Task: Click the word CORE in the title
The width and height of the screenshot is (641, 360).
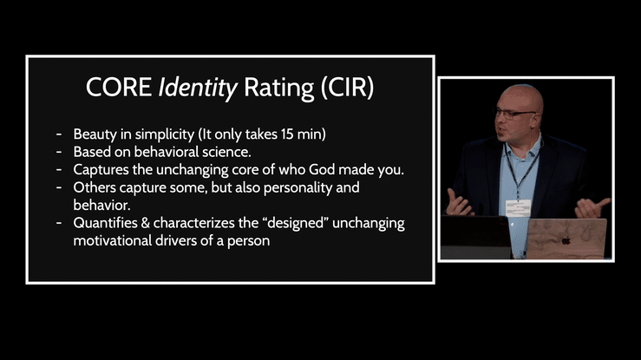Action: point(119,87)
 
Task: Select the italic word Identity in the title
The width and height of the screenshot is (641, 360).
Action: point(198,88)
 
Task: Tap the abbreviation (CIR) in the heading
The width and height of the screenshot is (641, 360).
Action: point(347,88)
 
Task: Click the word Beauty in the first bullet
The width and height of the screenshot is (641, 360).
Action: point(95,134)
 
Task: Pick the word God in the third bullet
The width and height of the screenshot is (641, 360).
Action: point(322,169)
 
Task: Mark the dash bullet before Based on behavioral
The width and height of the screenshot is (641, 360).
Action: point(59,152)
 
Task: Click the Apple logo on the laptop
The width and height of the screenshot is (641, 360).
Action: point(566,240)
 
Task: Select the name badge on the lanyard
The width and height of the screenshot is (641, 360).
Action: point(518,208)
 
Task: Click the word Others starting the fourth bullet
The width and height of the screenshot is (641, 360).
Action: point(95,187)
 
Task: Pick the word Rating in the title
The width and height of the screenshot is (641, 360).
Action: point(278,88)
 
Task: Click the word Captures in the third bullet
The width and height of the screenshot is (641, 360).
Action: point(101,170)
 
